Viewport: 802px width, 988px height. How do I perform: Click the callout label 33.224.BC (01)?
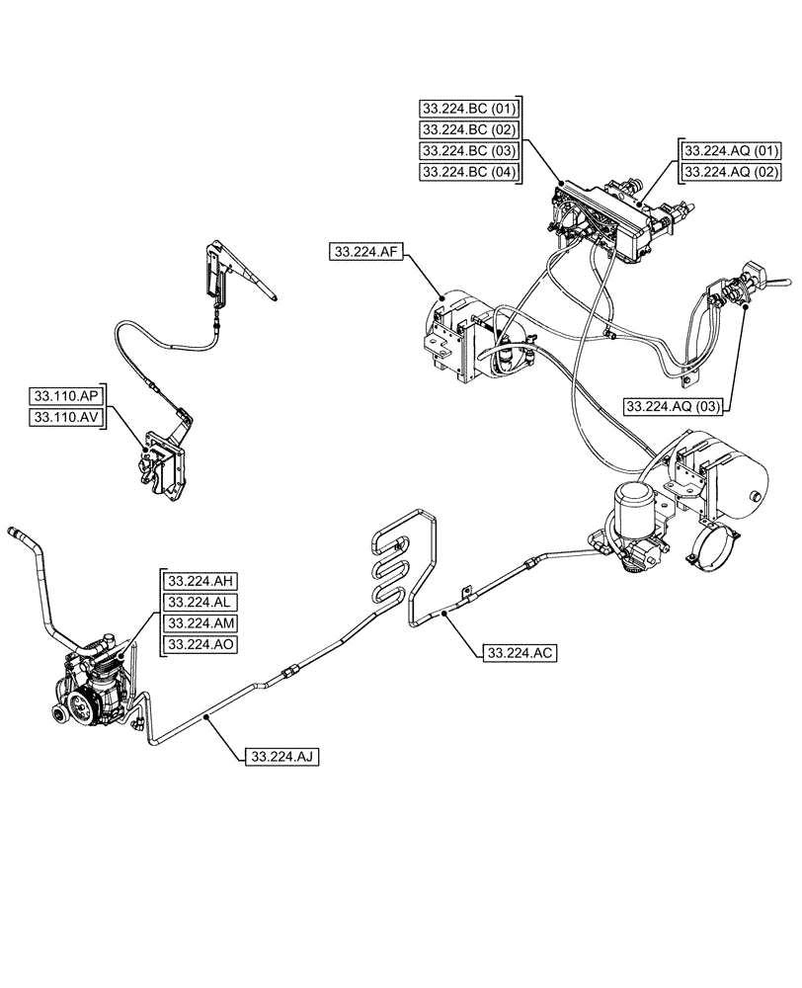468,107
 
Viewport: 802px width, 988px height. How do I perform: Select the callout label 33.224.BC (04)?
468,172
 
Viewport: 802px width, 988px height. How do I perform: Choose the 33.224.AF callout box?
365,253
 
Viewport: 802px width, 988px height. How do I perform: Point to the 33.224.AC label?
520,653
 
